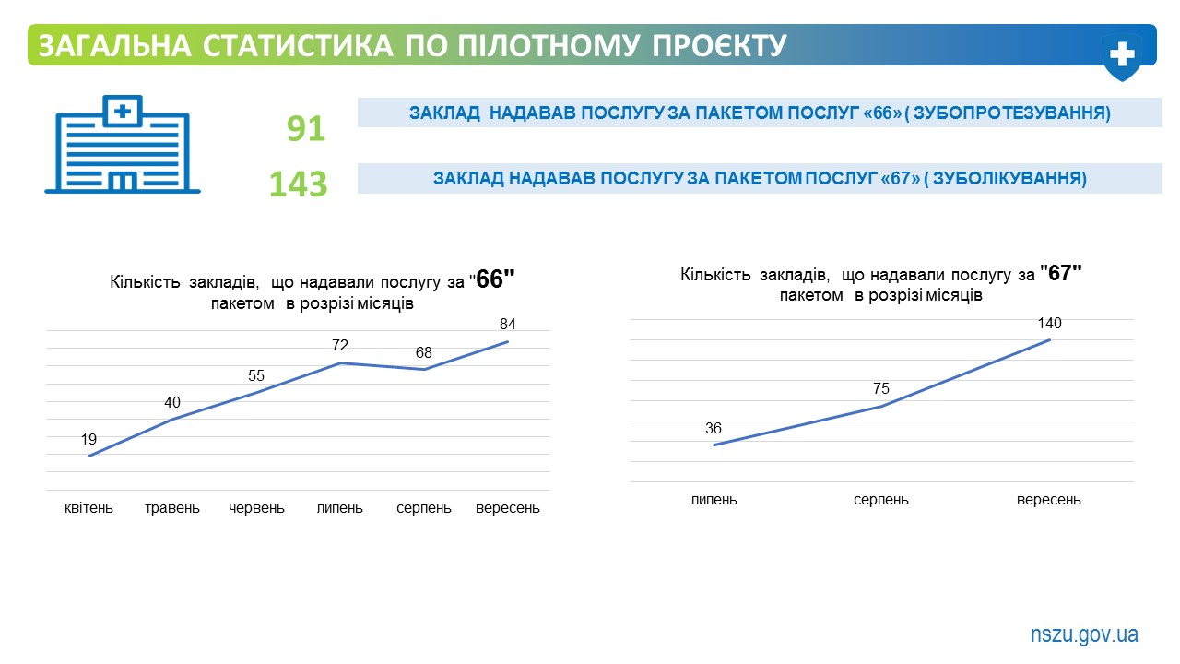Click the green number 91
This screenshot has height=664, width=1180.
(x=306, y=128)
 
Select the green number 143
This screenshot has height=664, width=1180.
(x=298, y=184)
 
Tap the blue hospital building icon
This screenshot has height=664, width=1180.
(x=123, y=145)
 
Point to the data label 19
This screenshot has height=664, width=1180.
(x=88, y=439)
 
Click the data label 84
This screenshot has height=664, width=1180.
(x=508, y=324)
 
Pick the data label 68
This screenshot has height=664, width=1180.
(x=423, y=352)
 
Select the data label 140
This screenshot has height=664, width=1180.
(x=1049, y=323)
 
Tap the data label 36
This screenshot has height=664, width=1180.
(x=714, y=428)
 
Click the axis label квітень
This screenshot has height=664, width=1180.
(x=88, y=508)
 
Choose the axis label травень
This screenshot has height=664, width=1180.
(x=172, y=508)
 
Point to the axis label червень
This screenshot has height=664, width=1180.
(x=256, y=508)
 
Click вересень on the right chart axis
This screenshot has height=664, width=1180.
(x=1049, y=500)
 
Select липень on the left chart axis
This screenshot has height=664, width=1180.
(x=340, y=508)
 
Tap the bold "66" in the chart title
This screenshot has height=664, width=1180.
(x=495, y=279)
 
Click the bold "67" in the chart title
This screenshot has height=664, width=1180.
(x=1061, y=273)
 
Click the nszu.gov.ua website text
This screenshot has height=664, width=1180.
(x=1084, y=634)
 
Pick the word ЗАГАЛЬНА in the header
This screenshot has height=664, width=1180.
(x=114, y=45)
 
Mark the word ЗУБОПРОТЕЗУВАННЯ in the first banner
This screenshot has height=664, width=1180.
(x=1009, y=113)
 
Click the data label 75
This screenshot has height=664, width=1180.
(x=880, y=388)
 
